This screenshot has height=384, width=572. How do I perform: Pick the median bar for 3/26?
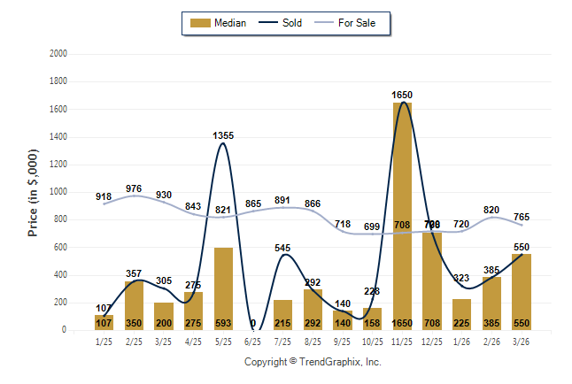[522, 292]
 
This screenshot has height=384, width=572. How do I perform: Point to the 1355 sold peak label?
[223, 135]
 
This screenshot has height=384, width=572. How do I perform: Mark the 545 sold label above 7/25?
[282, 248]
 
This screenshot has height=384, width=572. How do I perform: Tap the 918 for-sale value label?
[104, 196]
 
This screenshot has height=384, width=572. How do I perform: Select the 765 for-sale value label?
[522, 217]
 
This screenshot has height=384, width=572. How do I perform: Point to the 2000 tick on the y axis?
[58, 54]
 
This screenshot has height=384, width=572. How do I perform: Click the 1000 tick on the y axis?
[58, 192]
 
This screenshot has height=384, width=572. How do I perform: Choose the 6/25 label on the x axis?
[252, 341]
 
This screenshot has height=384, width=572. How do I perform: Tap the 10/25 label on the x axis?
[372, 341]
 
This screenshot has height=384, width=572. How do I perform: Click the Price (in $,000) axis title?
[33, 192]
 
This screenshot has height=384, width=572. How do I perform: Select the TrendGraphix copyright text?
[312, 362]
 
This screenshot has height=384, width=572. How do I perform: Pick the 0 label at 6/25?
[252, 324]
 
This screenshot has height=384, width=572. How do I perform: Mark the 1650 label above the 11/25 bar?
[403, 95]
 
